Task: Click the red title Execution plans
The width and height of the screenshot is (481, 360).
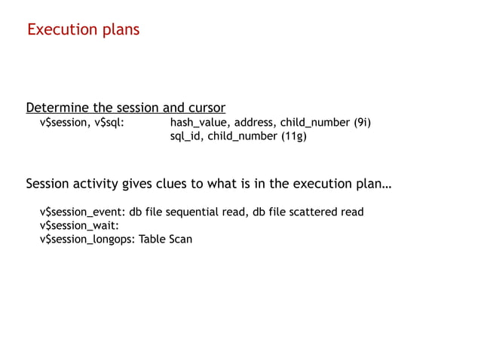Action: pyautogui.click(x=83, y=30)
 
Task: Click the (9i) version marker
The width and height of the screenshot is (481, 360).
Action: pyautogui.click(x=362, y=123)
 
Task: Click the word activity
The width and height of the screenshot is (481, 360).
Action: pyautogui.click(x=102, y=184)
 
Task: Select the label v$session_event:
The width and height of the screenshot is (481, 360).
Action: pyautogui.click(x=83, y=212)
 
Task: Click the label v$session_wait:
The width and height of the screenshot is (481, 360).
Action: pyautogui.click(x=79, y=226)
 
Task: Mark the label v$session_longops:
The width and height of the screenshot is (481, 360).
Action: pyautogui.click(x=87, y=239)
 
